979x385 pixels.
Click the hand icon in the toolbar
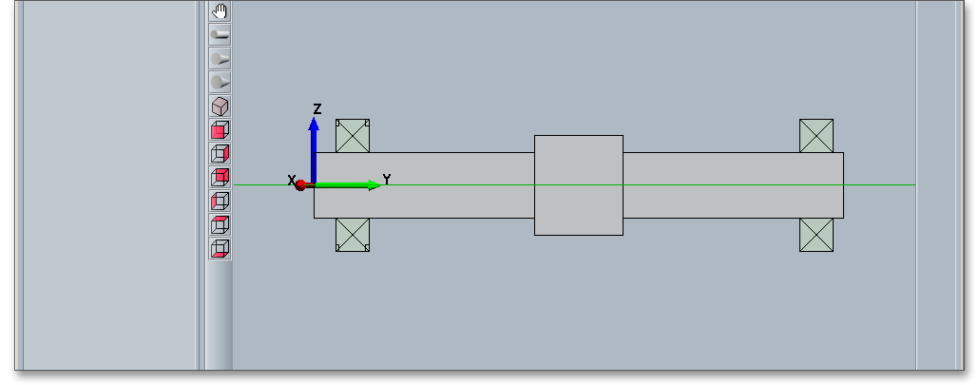click(220, 11)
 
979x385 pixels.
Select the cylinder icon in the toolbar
click(220, 35)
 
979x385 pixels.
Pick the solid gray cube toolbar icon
click(220, 106)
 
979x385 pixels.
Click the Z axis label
click(317, 109)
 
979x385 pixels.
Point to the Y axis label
click(387, 179)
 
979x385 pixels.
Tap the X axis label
click(292, 180)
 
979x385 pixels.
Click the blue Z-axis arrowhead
click(314, 125)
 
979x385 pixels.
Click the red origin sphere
click(301, 184)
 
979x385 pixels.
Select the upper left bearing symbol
click(353, 136)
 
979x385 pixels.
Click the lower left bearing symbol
click(353, 235)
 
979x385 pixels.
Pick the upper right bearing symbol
click(816, 136)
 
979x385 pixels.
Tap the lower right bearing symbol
click(816, 235)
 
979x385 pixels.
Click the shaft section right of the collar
click(722, 200)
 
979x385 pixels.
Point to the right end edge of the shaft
click(843, 200)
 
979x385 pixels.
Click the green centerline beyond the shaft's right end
click(879, 184)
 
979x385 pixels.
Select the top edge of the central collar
click(579, 135)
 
